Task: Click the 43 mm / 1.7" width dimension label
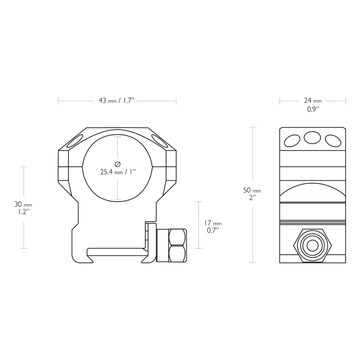[x=116, y=100]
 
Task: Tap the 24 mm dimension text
[x=312, y=100]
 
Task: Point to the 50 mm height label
[x=252, y=190]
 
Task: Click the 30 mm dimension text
[x=23, y=204]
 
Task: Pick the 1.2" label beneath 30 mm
[x=23, y=211]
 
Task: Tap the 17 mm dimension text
[x=213, y=223]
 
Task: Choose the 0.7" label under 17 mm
[x=213, y=230]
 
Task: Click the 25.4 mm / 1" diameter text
[x=118, y=171]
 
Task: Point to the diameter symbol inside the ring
[x=117, y=164]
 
